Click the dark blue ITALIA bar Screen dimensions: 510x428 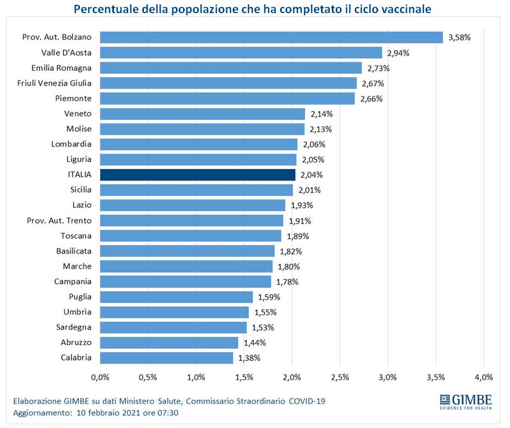coord(198,175)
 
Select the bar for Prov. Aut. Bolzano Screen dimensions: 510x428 coord(271,38)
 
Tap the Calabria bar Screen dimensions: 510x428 coord(167,358)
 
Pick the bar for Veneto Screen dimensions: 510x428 coord(203,114)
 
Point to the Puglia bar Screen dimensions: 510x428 coord(177,297)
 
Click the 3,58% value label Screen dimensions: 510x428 coord(459,38)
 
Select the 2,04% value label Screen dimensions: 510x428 coord(312,175)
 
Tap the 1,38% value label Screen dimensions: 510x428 coord(250,358)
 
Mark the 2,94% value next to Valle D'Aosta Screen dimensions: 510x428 coord(398,53)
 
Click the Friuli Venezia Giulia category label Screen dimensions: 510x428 coord(54,83)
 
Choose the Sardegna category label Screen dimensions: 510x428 coord(74,327)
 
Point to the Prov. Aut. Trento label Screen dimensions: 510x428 coord(59,221)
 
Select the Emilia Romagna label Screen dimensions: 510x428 coord(62,68)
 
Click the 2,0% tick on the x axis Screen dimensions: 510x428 coord(292,377)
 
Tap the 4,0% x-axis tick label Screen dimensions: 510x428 coord(484,377)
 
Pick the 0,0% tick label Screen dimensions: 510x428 coord(100,377)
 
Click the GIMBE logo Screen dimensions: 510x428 coord(466,402)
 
